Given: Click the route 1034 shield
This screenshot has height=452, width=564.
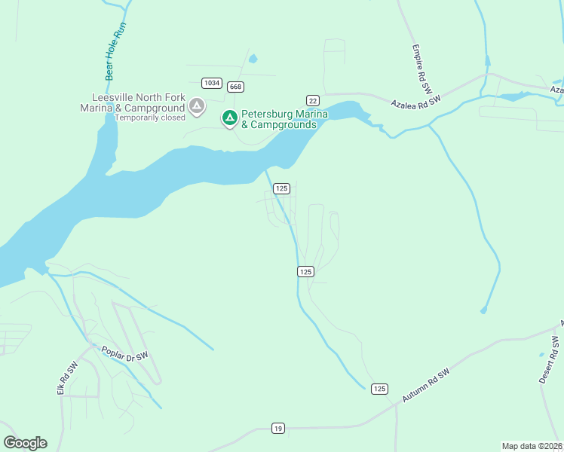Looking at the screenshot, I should [211, 82].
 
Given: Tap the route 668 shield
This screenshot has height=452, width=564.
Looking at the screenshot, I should [236, 87].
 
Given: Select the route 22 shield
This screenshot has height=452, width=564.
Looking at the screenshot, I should [312, 100].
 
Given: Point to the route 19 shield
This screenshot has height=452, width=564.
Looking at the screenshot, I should [278, 429].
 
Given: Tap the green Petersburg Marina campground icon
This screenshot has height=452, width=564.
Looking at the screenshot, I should [229, 118].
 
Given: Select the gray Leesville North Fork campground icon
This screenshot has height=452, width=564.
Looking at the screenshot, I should [197, 107].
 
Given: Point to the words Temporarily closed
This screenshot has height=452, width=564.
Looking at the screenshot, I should [150, 118].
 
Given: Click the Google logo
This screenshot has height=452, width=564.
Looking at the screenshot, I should [25, 443].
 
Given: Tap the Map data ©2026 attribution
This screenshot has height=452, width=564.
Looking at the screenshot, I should [532, 445].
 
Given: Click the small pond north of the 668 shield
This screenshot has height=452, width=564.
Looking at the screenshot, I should [252, 58].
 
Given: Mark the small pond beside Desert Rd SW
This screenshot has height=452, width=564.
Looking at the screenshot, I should [541, 354].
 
